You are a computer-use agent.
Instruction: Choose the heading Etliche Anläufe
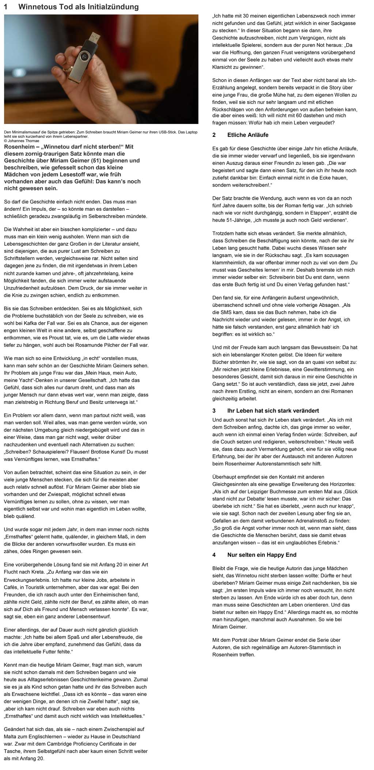coord(248,135)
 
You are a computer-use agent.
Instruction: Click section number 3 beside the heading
coord(214,410)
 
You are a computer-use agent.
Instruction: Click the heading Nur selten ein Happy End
coord(262,555)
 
